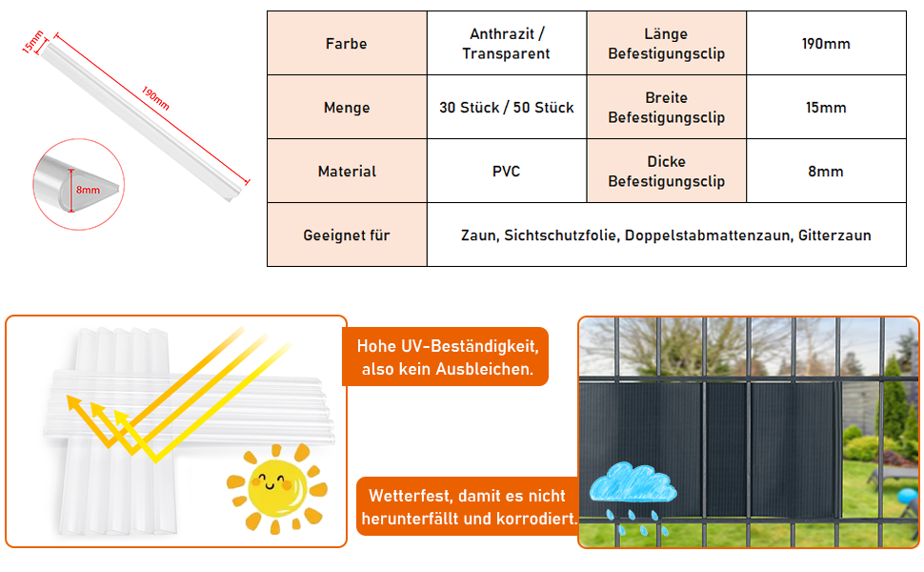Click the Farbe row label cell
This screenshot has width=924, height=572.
coord(346,44)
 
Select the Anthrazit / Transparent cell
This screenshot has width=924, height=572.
coord(506,44)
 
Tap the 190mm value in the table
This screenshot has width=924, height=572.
coord(826,44)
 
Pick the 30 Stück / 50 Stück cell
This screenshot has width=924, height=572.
coord(506,108)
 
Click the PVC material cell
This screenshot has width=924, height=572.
coord(506,172)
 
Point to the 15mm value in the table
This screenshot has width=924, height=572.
coord(826,108)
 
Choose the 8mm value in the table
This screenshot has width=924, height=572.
coord(826,172)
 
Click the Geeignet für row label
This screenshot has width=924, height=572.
coord(346,235)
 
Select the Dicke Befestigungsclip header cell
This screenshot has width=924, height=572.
coord(666,172)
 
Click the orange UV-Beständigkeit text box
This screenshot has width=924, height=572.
coord(446,357)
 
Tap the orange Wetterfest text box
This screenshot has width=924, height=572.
coord(468,507)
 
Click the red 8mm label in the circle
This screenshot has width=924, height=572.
coord(88,190)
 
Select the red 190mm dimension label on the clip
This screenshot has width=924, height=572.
coord(154,98)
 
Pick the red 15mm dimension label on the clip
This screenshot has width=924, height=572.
coord(33,41)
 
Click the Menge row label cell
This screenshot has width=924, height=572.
coord(346,108)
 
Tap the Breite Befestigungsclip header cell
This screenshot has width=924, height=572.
coord(666,108)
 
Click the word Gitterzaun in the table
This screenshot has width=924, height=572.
coord(834,235)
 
